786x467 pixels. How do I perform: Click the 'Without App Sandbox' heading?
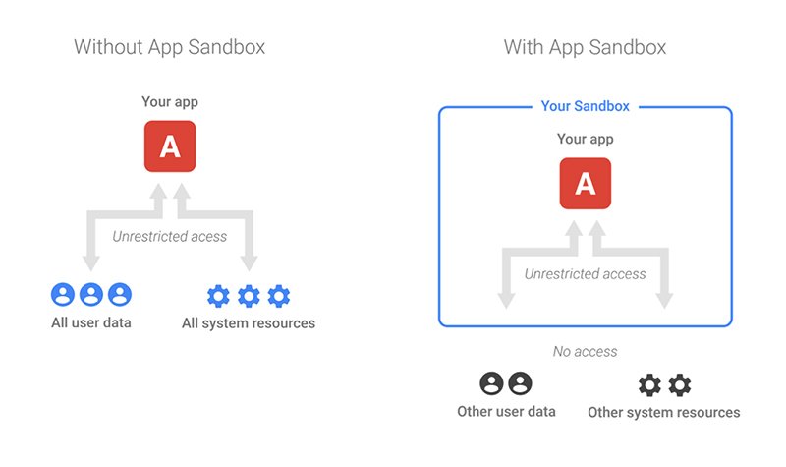(x=169, y=47)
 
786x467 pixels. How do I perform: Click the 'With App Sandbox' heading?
(x=585, y=47)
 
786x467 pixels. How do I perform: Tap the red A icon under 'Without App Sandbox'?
(x=170, y=146)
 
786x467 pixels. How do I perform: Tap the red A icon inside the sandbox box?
(x=586, y=184)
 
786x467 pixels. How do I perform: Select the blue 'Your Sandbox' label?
(x=585, y=106)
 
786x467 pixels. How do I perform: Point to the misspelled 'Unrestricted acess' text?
(x=169, y=236)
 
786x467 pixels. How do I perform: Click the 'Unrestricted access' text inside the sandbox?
(x=585, y=274)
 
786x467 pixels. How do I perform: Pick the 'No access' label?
(x=585, y=352)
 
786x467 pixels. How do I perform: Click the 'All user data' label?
(x=91, y=322)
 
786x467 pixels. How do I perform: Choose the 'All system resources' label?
(x=249, y=323)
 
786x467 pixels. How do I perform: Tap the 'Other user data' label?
(x=506, y=412)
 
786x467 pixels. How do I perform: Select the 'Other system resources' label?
(x=664, y=412)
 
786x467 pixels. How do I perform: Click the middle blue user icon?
(x=91, y=294)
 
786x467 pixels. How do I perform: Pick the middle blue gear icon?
(x=249, y=296)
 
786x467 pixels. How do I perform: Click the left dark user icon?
(x=492, y=383)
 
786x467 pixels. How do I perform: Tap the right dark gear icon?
(x=680, y=385)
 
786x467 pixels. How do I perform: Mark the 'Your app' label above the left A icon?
(x=170, y=102)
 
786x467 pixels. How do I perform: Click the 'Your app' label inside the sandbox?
(x=585, y=139)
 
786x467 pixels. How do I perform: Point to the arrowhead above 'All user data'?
(x=91, y=263)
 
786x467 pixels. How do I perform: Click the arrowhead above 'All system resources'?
(x=249, y=263)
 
